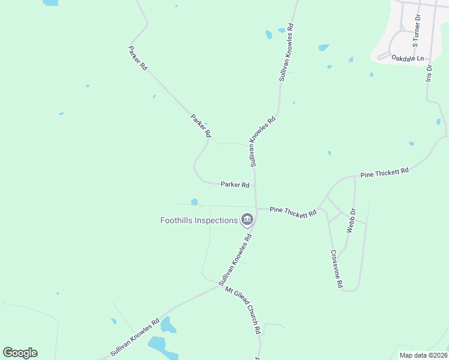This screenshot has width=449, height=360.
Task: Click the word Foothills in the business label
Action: (x=178, y=220)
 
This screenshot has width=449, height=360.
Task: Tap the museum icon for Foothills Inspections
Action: (x=247, y=221)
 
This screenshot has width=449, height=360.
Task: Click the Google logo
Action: (x=20, y=353)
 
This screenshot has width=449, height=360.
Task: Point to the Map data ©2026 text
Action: (x=423, y=355)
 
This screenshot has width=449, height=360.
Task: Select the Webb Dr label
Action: (x=352, y=220)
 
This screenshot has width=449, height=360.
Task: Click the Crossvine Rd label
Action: (x=336, y=268)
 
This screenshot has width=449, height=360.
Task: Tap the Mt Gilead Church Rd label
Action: (x=243, y=310)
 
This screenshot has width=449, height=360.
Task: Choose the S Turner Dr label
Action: (x=417, y=31)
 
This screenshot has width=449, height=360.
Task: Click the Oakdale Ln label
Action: (x=408, y=58)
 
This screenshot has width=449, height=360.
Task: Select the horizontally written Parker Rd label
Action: (x=235, y=185)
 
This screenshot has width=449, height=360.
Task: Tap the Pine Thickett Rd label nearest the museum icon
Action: (x=293, y=212)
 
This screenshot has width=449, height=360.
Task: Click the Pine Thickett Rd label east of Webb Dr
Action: (x=384, y=172)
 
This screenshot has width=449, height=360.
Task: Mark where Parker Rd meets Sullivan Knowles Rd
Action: (x=255, y=185)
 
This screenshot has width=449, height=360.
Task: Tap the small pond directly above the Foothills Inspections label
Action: (x=194, y=202)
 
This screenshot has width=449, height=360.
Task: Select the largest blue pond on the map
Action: (x=157, y=345)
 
